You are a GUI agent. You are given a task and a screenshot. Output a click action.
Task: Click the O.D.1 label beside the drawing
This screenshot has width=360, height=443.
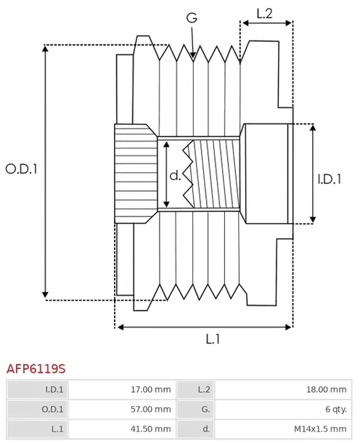(22, 169)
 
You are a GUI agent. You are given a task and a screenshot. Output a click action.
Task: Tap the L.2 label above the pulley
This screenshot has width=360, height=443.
(265, 14)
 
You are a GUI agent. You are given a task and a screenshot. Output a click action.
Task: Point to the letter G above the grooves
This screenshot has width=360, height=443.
(192, 18)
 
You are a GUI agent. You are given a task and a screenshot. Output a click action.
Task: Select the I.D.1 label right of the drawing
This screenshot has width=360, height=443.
(330, 179)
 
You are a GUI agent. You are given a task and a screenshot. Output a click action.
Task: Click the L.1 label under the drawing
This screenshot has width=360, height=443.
(213, 338)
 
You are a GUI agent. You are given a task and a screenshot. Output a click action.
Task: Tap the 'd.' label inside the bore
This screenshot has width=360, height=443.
(175, 176)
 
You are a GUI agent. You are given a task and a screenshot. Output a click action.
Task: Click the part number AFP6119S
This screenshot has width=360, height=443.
(36, 369)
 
